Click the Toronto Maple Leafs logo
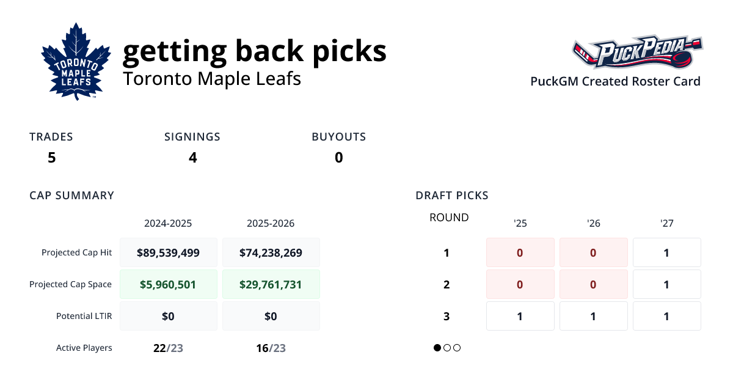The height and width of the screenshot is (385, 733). pyautogui.click(x=76, y=62)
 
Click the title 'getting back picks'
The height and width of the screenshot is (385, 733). pyautogui.click(x=254, y=51)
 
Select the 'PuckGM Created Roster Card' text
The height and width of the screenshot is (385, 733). pyautogui.click(x=615, y=81)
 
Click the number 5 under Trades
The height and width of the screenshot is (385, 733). pyautogui.click(x=52, y=158)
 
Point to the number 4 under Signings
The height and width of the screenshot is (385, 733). pyautogui.click(x=192, y=158)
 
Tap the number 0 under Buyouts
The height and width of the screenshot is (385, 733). pyautogui.click(x=338, y=158)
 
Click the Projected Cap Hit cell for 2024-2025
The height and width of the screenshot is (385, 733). pyautogui.click(x=168, y=252)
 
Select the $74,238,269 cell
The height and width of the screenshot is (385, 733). pyautogui.click(x=271, y=252)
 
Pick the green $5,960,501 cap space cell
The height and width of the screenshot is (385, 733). pyautogui.click(x=168, y=284)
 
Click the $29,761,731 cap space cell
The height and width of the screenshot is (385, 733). pyautogui.click(x=271, y=284)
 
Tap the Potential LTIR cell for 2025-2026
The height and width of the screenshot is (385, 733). pyautogui.click(x=271, y=316)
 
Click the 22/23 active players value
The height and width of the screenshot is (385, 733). pyautogui.click(x=168, y=348)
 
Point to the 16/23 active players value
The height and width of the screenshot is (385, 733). pyautogui.click(x=271, y=348)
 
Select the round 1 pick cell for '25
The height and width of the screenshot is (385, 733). pyautogui.click(x=520, y=252)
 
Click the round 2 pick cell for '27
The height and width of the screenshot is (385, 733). pyautogui.click(x=666, y=284)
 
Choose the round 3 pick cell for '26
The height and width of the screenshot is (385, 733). pyautogui.click(x=593, y=316)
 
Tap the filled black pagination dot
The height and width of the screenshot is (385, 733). pyautogui.click(x=437, y=348)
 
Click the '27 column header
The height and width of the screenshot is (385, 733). pyautogui.click(x=666, y=224)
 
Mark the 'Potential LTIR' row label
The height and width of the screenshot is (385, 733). pyautogui.click(x=84, y=316)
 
